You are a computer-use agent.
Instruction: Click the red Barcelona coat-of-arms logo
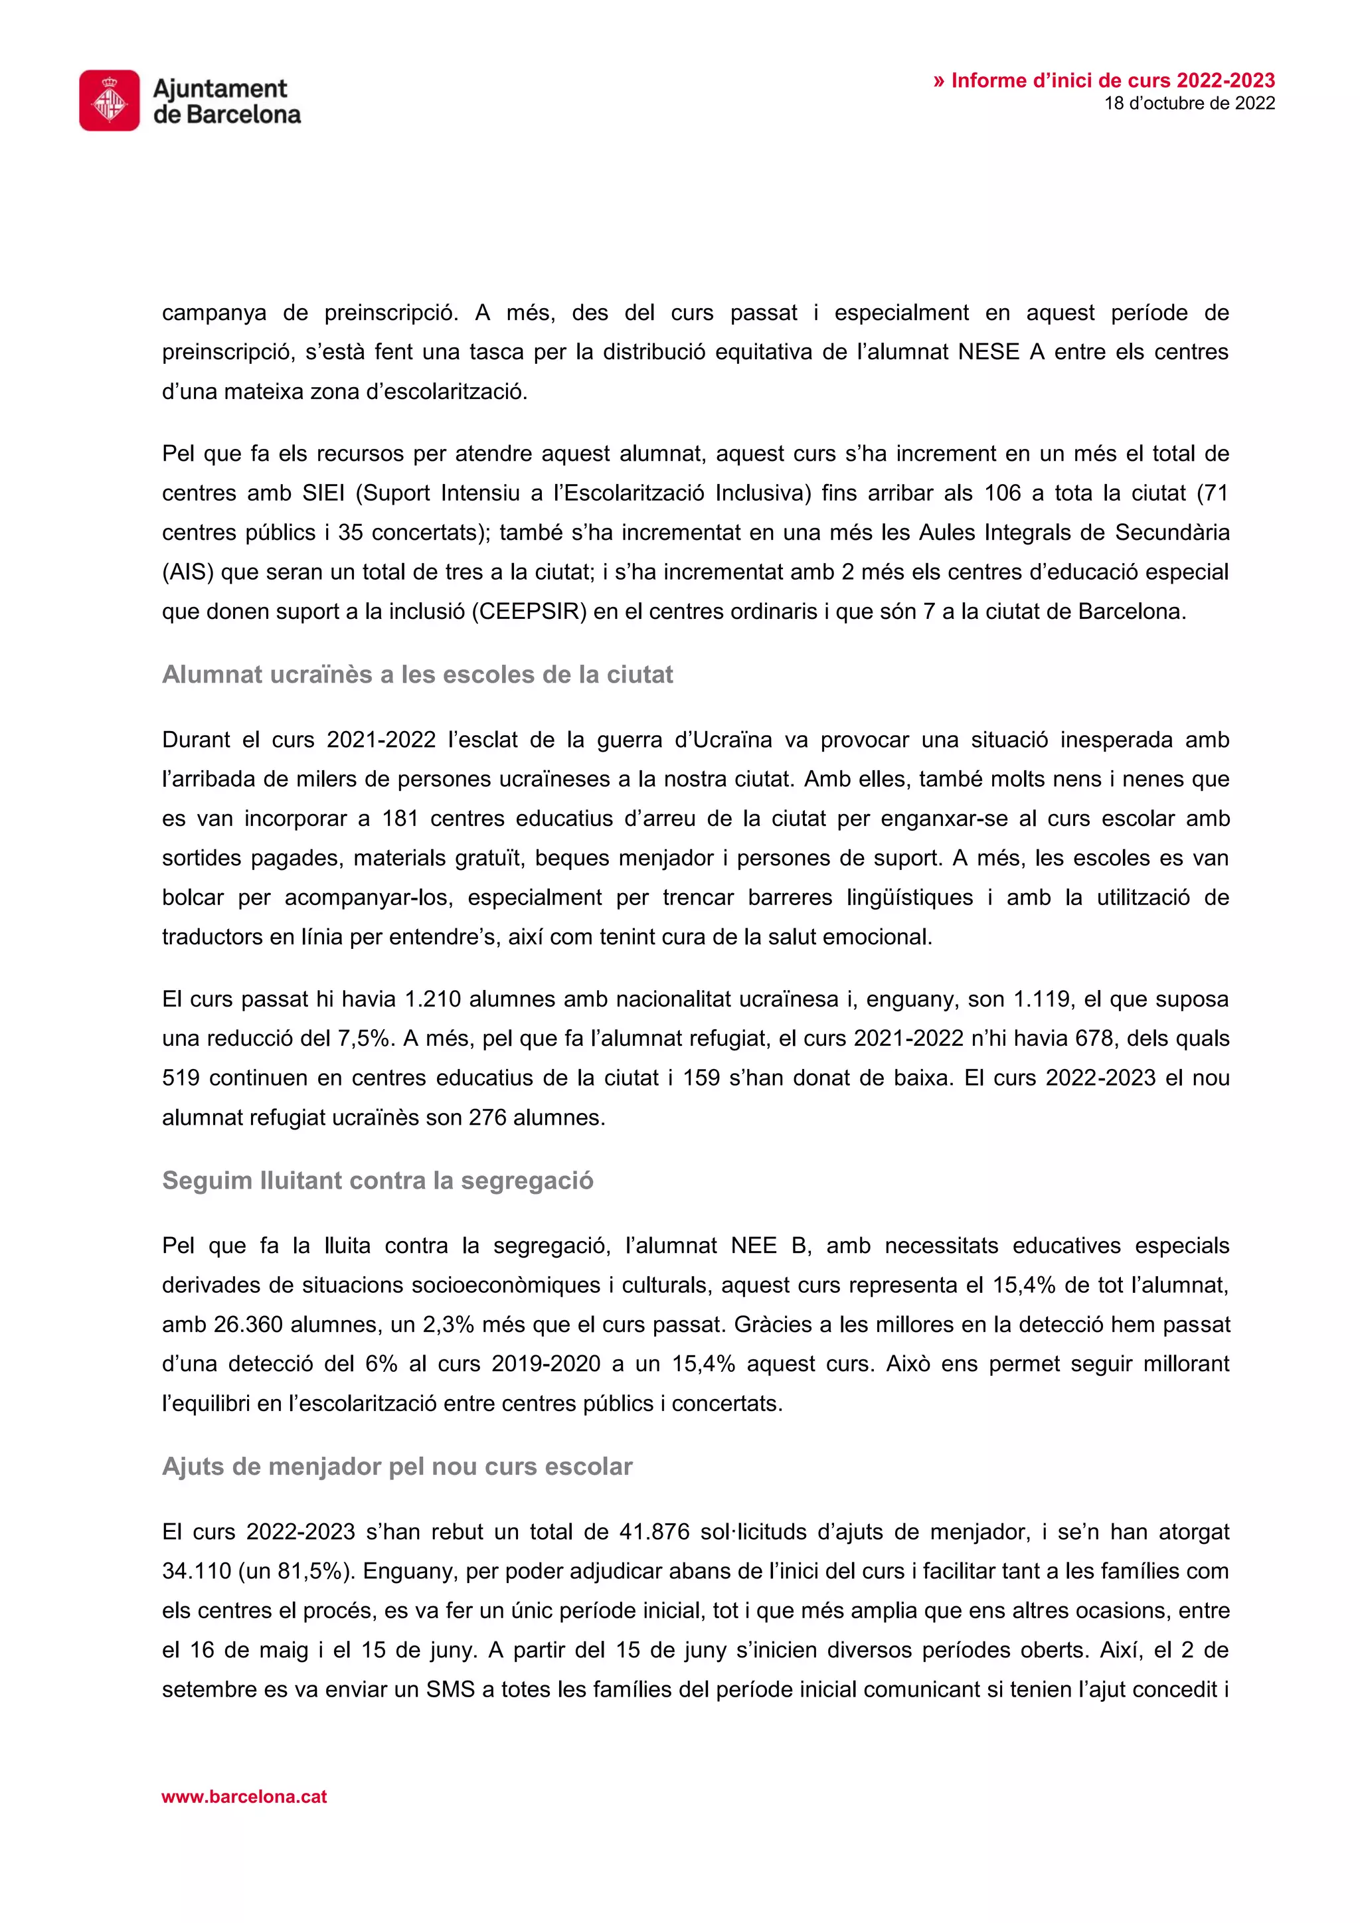click(110, 100)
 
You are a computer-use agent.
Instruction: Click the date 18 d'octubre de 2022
click(1189, 103)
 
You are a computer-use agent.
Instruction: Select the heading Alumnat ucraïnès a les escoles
click(417, 674)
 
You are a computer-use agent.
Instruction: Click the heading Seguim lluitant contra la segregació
click(378, 1180)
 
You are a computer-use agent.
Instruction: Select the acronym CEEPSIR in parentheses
click(529, 612)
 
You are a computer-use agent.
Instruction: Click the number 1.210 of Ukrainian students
click(432, 999)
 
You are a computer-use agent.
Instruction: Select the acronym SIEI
click(323, 493)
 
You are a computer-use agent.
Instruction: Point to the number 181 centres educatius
click(400, 818)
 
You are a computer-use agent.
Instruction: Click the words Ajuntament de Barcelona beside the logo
click(226, 100)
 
